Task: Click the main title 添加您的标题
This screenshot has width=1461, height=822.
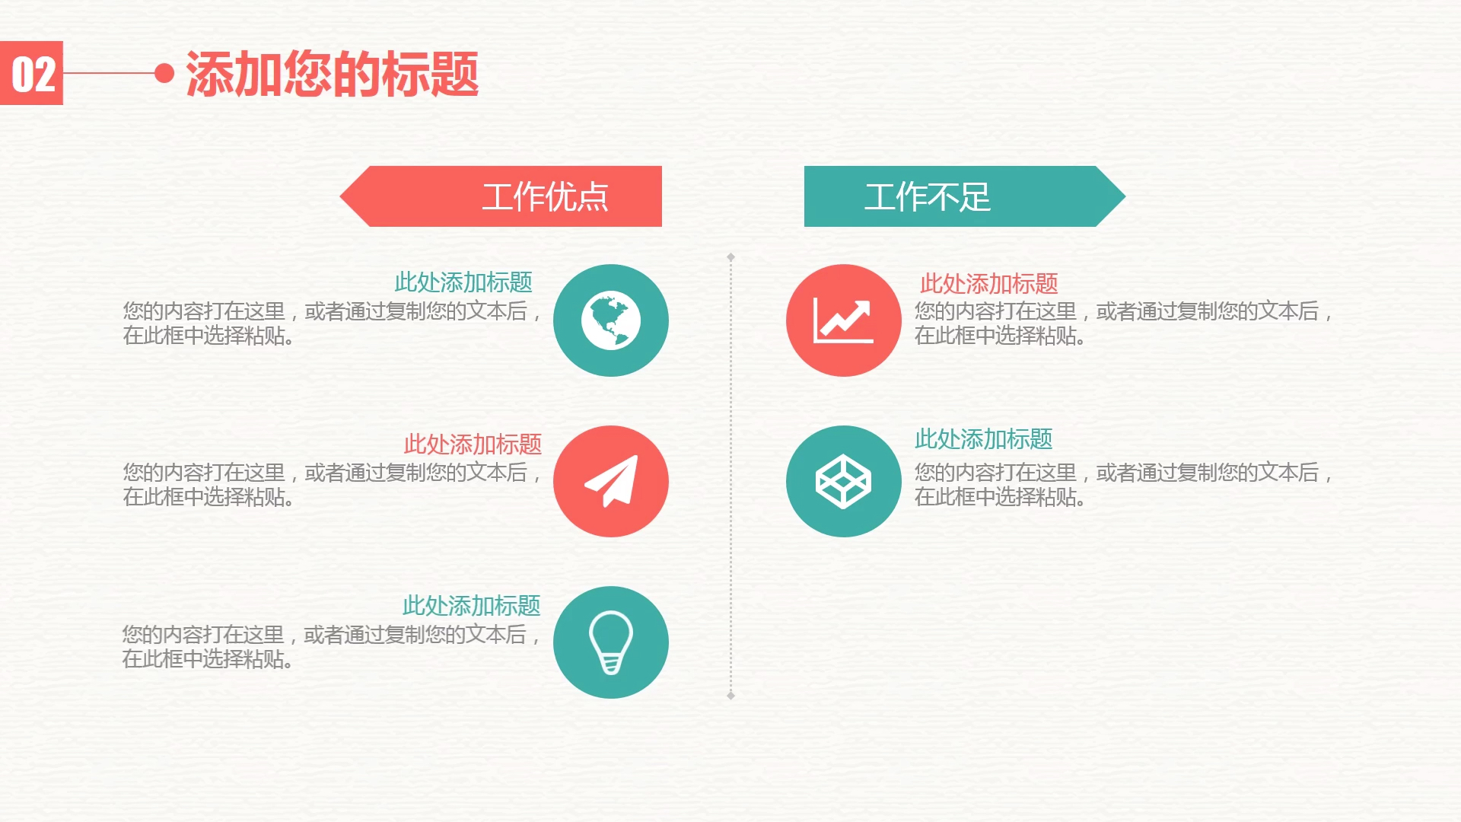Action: (332, 75)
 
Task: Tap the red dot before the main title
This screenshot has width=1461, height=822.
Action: (164, 73)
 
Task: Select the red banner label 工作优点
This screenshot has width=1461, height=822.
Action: (545, 197)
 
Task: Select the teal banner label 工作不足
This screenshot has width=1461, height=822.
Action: (927, 197)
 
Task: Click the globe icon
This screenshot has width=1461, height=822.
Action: (610, 320)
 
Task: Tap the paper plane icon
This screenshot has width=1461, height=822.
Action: (610, 481)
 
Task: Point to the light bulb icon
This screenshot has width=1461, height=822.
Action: (610, 642)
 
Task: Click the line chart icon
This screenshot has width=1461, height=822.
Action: (843, 320)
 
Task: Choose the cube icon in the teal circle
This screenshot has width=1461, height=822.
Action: (843, 481)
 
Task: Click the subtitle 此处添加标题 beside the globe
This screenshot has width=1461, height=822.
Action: (463, 282)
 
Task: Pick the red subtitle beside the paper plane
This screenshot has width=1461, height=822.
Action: (472, 444)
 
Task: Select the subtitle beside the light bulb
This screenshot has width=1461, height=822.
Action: (471, 606)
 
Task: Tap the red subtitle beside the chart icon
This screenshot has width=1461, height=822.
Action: (988, 284)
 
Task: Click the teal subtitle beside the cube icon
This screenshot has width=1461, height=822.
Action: (983, 439)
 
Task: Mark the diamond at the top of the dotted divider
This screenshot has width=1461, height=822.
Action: (730, 257)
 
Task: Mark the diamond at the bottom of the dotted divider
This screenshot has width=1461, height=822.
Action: (730, 695)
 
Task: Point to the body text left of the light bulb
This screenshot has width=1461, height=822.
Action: (331, 646)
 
